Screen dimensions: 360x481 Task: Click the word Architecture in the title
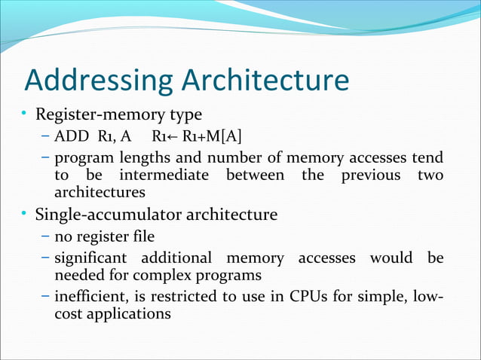(261, 81)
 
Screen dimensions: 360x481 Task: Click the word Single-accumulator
(101, 215)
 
